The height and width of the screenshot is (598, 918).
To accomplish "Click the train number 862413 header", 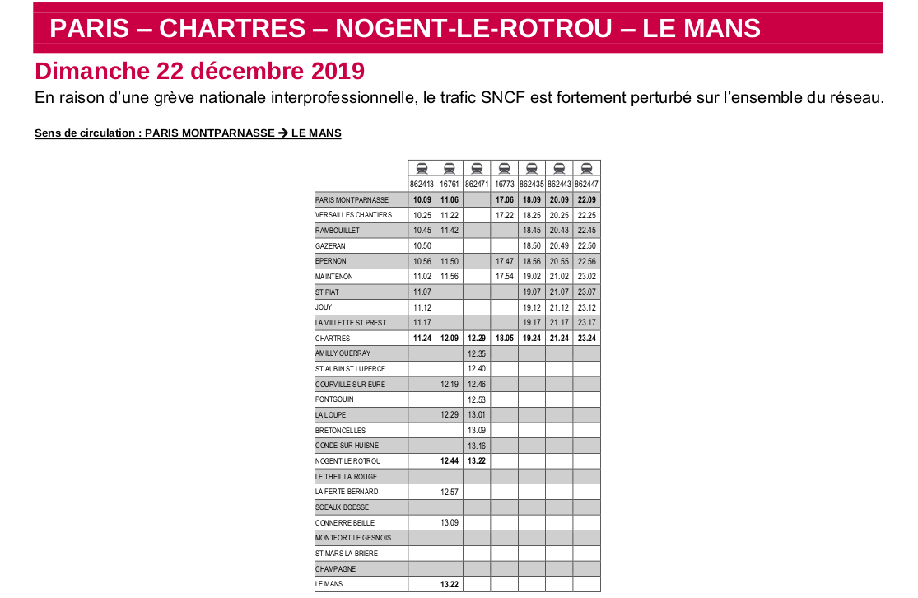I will point(422,184).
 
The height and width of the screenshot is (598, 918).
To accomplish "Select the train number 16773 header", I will point(504,184).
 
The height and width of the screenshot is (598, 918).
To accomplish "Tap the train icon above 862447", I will point(586,168).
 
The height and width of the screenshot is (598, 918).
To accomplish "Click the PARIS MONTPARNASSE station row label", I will point(352,199).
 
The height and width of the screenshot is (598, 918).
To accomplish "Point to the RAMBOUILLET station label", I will point(338,230).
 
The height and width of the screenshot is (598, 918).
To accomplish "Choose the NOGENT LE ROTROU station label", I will point(348,461).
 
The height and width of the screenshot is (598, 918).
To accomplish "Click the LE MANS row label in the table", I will point(329,584).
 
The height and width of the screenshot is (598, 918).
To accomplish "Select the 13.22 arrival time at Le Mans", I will point(449,584).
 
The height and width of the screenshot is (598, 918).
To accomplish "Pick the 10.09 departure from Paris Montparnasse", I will point(422,199).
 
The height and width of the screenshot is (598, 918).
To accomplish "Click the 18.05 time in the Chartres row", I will point(504,339).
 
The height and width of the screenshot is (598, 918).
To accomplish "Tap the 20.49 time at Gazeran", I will point(559,245).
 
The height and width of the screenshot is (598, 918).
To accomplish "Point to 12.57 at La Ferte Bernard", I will point(449,492).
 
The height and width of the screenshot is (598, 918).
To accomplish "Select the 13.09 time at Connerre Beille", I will point(449,523).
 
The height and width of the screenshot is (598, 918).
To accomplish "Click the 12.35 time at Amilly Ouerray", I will point(477,353).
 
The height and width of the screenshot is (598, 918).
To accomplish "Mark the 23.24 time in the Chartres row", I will point(586,339).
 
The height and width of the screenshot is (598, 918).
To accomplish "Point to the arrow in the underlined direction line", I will point(283,133).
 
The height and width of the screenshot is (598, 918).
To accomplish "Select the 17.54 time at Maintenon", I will point(504,277).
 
